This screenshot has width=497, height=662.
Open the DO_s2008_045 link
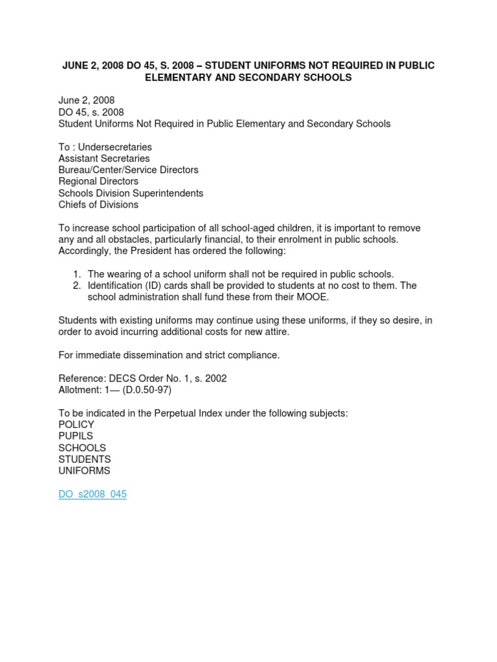(93, 495)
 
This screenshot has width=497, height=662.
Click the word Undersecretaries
(115, 147)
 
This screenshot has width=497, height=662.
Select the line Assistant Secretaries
(104, 158)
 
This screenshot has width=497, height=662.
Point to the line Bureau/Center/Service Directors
(128, 170)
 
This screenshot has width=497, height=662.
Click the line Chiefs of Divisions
(98, 205)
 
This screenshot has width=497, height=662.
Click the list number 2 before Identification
(76, 286)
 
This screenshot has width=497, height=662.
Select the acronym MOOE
(311, 297)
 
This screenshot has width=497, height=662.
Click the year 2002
(215, 378)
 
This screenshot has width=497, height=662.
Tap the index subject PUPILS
(76, 436)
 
